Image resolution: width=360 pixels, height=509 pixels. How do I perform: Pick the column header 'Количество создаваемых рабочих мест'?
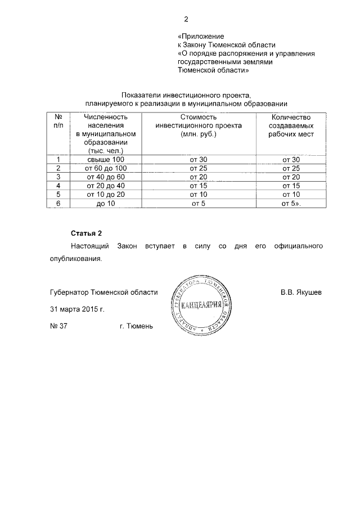pyautogui.click(x=291, y=125)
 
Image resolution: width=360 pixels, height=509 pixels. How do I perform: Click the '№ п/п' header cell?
pyautogui.click(x=58, y=120)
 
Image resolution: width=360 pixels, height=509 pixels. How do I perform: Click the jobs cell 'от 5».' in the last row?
pyautogui.click(x=291, y=202)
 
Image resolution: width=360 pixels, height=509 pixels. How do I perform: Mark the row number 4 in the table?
pyautogui.click(x=58, y=185)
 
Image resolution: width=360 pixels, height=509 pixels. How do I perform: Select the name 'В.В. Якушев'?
pyautogui.click(x=301, y=292)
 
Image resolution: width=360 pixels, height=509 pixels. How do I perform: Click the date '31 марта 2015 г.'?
pyautogui.click(x=77, y=309)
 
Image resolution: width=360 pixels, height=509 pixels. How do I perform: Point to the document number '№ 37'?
pyautogui.click(x=58, y=326)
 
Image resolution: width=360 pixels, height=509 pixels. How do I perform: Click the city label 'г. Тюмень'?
pyautogui.click(x=136, y=326)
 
